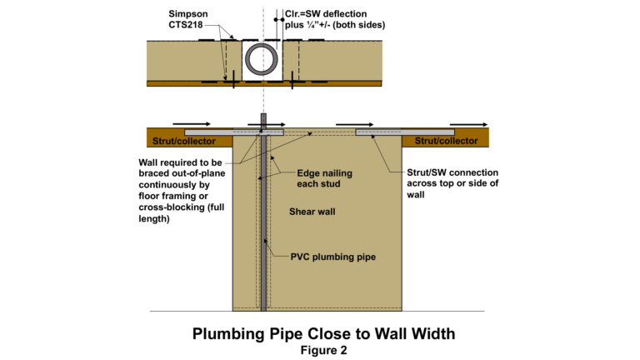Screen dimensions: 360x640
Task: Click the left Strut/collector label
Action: click(177, 141)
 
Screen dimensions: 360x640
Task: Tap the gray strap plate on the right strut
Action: click(404, 132)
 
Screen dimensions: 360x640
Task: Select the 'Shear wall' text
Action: click(312, 210)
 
